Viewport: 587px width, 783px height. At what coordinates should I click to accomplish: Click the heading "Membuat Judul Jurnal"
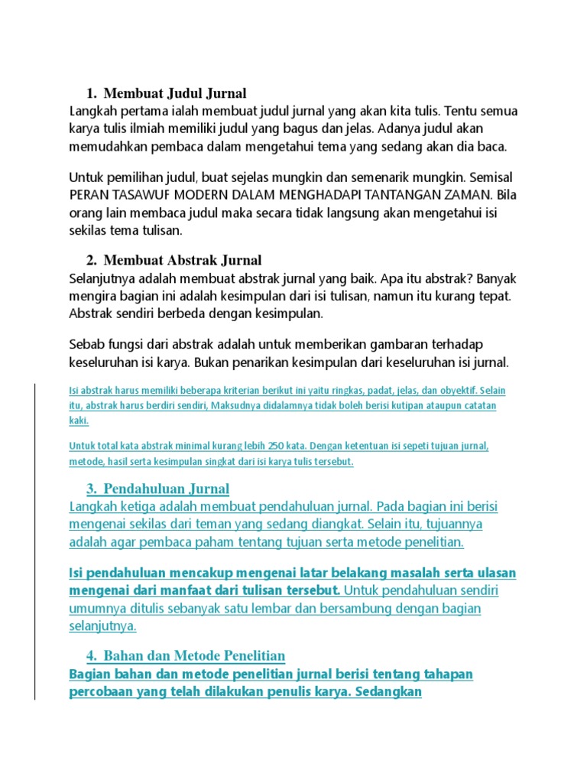click(x=175, y=94)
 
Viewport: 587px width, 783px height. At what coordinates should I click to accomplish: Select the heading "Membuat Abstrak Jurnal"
click(x=183, y=260)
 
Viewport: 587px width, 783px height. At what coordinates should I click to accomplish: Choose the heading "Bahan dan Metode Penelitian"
click(x=194, y=655)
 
